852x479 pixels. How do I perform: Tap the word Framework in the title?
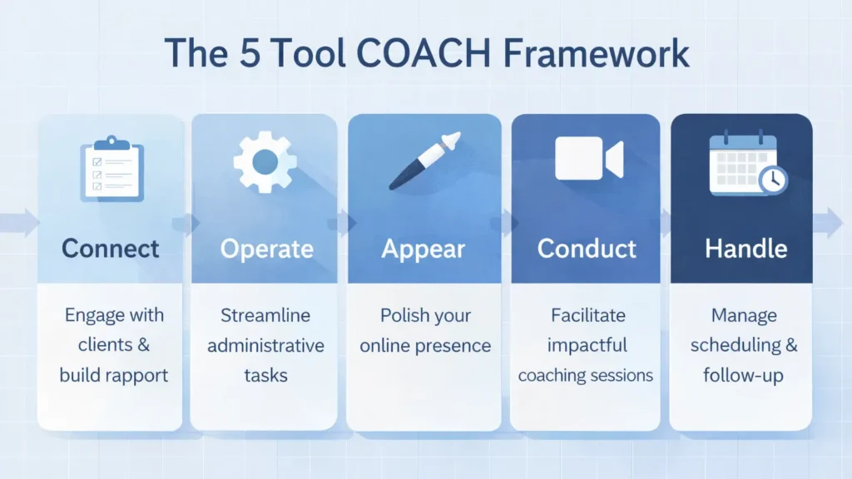607,53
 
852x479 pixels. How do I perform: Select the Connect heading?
110,248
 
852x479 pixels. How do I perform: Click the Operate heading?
267,248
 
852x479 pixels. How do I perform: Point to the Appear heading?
424,248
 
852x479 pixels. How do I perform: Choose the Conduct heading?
587,248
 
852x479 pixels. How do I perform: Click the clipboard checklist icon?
111,168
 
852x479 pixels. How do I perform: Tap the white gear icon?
265,161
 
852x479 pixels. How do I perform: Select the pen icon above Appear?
425,160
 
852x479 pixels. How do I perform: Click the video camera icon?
588,158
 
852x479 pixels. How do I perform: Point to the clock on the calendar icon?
772,179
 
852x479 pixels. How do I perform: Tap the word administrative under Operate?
266,345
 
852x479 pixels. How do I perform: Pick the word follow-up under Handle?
742,375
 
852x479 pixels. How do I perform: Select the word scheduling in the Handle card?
729,345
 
